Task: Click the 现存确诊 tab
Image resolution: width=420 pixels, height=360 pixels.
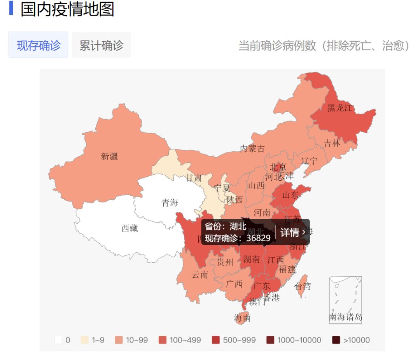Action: click(38, 45)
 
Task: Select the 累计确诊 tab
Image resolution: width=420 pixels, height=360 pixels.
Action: click(101, 45)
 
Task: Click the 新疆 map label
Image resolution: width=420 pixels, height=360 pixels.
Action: click(109, 156)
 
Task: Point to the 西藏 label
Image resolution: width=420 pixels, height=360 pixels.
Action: click(129, 228)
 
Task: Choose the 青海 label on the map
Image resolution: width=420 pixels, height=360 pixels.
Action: click(170, 202)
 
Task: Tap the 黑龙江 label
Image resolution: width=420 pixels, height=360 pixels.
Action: click(340, 108)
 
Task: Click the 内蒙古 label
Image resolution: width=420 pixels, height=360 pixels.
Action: click(252, 148)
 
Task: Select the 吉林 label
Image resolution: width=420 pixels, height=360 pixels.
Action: click(332, 143)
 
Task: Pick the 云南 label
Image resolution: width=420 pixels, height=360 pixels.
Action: click(200, 275)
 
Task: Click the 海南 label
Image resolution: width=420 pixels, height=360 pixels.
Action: click(242, 318)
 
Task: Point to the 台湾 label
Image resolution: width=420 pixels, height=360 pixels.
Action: click(303, 287)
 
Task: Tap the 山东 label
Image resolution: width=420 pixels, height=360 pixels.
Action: click(290, 195)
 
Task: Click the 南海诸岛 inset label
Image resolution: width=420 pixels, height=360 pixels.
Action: click(345, 317)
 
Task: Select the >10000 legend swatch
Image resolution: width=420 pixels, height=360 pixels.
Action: click(336, 340)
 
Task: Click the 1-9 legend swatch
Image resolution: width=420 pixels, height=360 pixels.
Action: click(84, 340)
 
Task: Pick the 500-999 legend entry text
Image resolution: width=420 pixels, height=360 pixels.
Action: click(239, 340)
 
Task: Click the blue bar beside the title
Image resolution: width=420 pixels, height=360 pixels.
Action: click(11, 8)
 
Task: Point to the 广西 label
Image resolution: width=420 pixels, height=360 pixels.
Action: click(234, 284)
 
